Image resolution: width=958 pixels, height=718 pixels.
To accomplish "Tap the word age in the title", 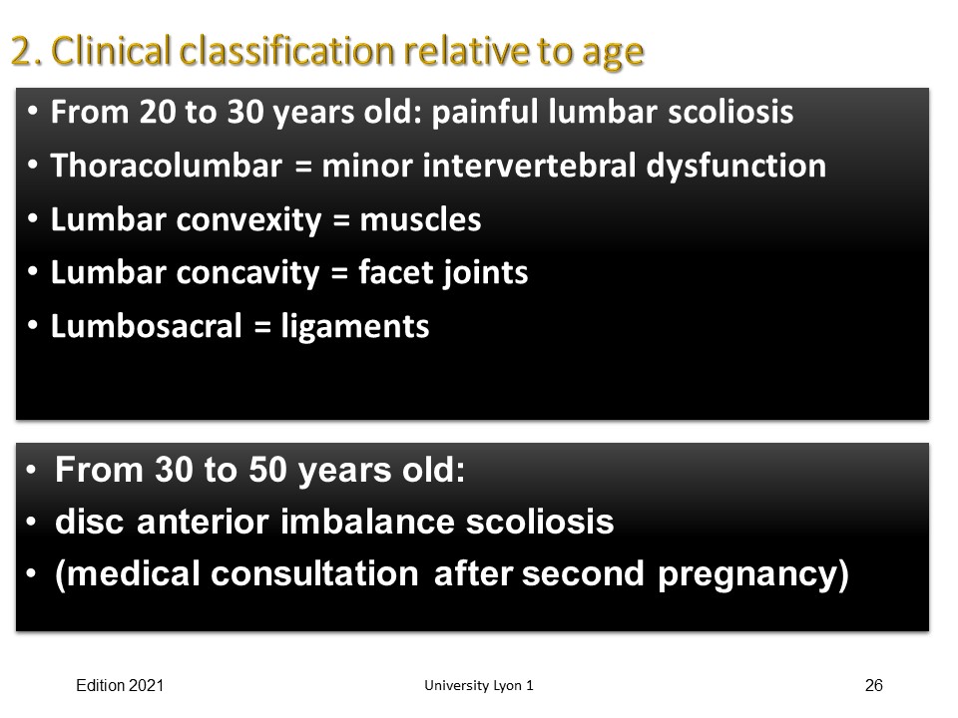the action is (613, 55).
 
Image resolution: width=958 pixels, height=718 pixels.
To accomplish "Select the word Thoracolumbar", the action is (167, 166).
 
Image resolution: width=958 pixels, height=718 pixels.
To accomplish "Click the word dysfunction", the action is (735, 167).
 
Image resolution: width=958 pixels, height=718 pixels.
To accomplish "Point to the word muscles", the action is (420, 219).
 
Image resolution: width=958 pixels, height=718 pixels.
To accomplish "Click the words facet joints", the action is (443, 273).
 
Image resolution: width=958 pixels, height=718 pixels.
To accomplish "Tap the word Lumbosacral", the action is (146, 326).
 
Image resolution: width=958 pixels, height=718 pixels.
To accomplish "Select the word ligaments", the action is (355, 327).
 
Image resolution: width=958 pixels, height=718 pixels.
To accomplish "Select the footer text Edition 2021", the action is (120, 686).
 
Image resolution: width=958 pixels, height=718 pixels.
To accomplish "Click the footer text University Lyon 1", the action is (479, 686).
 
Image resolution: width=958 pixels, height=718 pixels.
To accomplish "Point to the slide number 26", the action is (874, 686).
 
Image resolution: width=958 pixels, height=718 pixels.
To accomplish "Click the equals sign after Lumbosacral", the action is (262, 328).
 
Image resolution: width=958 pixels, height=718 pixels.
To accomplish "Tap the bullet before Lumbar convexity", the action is (32, 218).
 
